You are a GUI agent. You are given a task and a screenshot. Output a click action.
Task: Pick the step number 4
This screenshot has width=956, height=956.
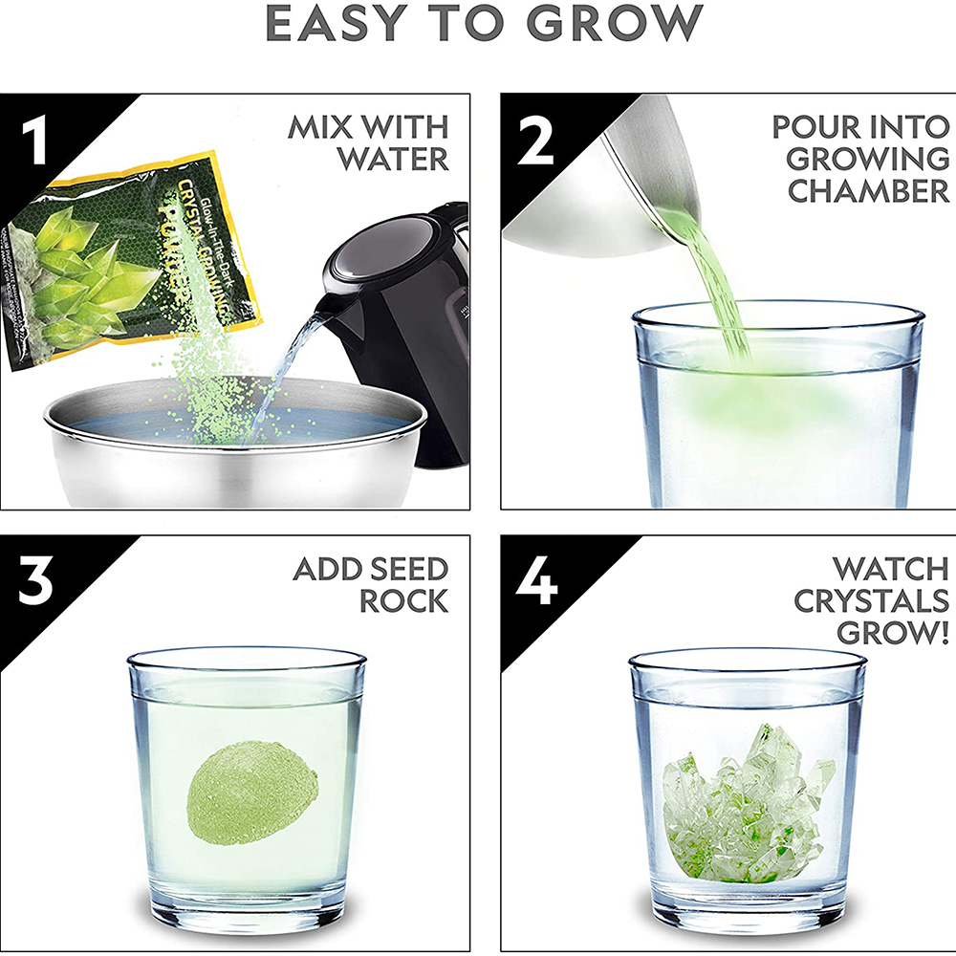pyautogui.click(x=536, y=582)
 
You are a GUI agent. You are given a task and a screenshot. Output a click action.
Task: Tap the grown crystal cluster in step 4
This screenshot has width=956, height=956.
pyautogui.click(x=746, y=803)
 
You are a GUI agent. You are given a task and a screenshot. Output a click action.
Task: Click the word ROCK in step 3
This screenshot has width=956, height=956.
pyautogui.click(x=403, y=601)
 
